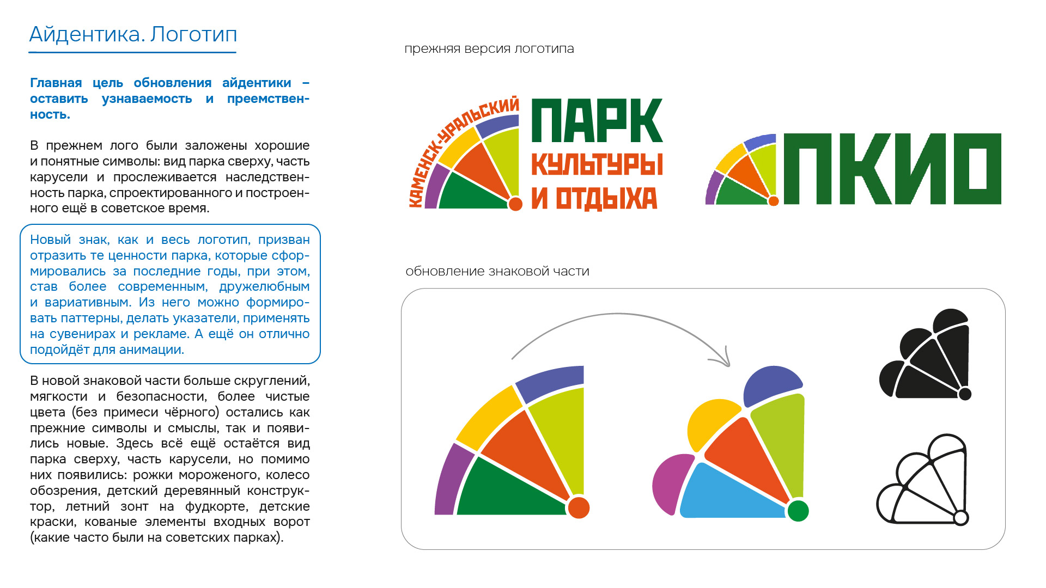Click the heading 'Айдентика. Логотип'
(x=133, y=34)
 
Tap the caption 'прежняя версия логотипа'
(x=489, y=48)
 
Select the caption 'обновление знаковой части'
(x=497, y=271)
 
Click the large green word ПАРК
(x=597, y=120)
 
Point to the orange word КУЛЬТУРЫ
(x=597, y=164)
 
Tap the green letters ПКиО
(x=892, y=169)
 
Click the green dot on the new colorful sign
(x=798, y=511)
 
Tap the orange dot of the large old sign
(x=579, y=507)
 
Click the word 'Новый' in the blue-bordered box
(x=51, y=240)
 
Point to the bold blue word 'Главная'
(x=56, y=83)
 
